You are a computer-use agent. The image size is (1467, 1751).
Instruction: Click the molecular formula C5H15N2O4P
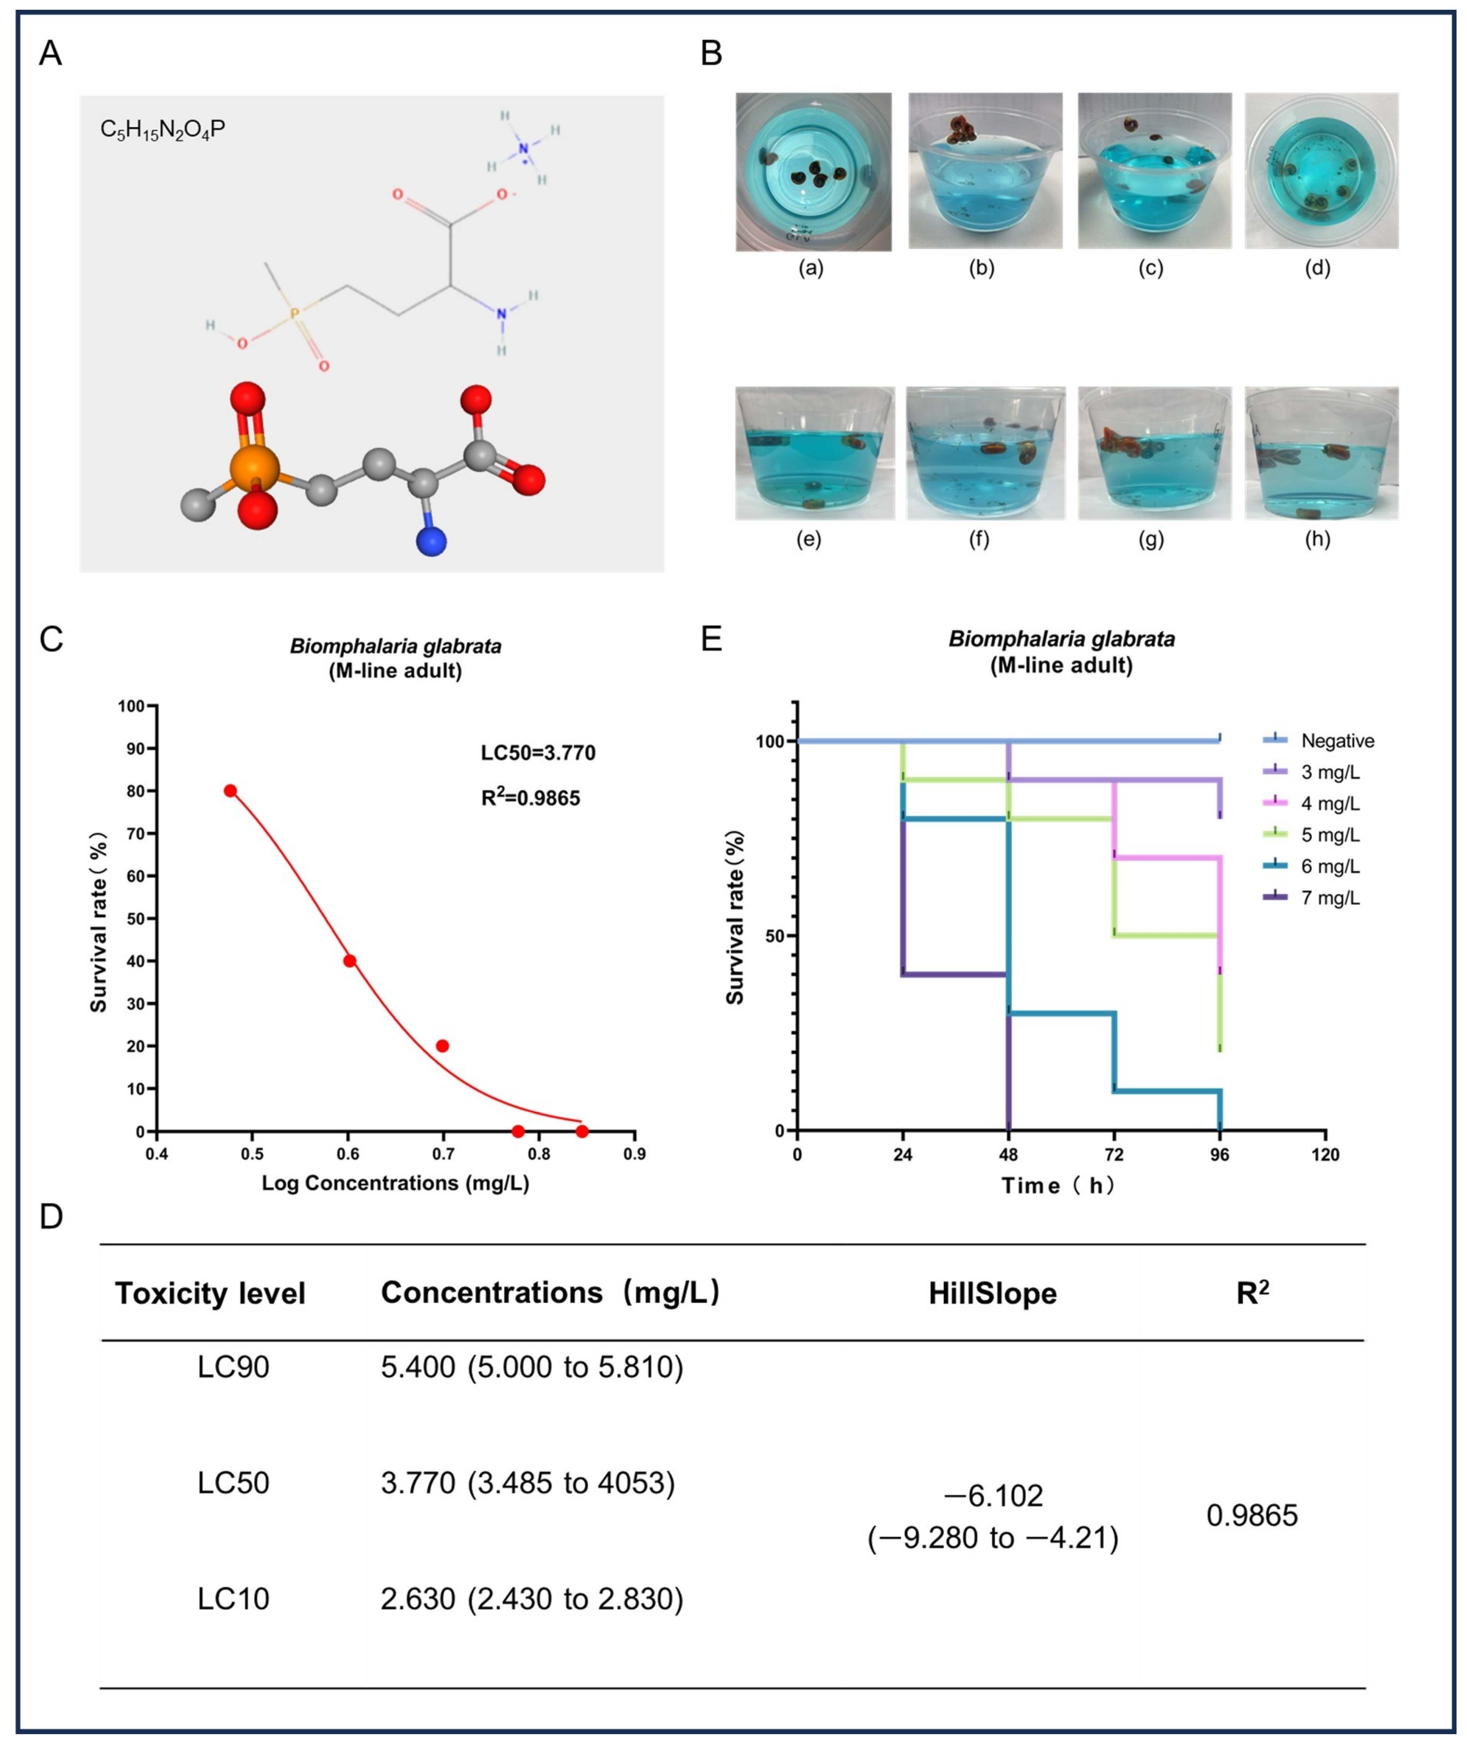coord(163,130)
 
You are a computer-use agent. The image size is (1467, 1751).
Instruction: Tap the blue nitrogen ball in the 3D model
coord(431,541)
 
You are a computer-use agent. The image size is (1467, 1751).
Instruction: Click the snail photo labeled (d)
coord(1321,171)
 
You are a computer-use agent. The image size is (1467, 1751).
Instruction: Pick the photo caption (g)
coord(1151,539)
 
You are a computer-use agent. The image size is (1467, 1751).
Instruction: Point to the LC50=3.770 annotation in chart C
coord(537,753)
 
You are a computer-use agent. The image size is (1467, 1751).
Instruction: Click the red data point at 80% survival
coord(230,790)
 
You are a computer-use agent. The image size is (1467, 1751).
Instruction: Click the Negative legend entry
coord(1337,740)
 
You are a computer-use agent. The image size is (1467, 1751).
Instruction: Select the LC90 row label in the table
coord(233,1368)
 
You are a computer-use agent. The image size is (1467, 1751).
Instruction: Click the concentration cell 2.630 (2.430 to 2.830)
coord(532,1599)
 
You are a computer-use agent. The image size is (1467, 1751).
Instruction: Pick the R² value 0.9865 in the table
coord(1252,1515)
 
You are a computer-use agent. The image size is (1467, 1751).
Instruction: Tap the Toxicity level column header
coord(210,1293)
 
